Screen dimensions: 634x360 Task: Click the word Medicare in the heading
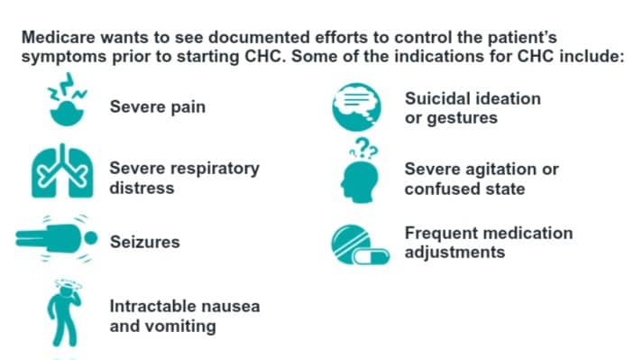click(57, 41)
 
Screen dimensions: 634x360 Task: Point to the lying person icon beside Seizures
click(57, 239)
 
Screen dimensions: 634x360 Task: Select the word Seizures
click(144, 243)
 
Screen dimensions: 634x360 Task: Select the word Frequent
click(443, 233)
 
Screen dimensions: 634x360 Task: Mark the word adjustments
click(455, 252)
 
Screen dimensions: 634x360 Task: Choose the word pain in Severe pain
click(186, 107)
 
